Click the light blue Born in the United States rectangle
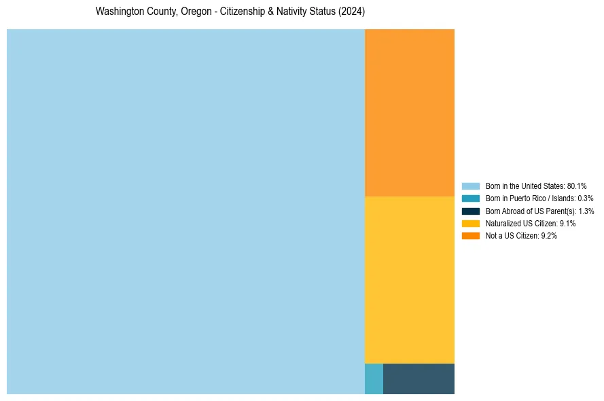[185, 211]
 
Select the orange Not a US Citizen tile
[409, 113]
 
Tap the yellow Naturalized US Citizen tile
[409, 279]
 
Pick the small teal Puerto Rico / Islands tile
[374, 379]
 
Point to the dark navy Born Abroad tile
[419, 379]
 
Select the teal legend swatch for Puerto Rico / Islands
[470, 198]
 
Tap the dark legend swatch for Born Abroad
[470, 211]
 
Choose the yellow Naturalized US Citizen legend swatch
[470, 223]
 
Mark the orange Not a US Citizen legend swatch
[470, 235]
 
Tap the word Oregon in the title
[196, 12]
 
